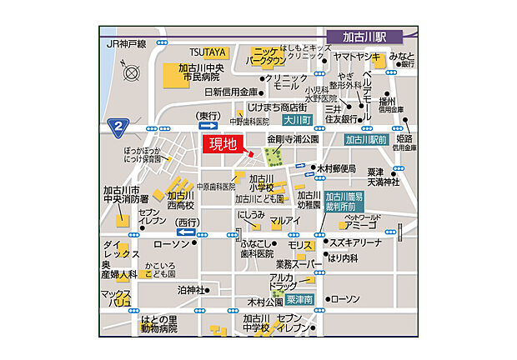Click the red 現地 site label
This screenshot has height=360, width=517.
coord(223,144)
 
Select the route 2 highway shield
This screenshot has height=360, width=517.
coord(118,126)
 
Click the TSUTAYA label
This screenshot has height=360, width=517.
coord(207,51)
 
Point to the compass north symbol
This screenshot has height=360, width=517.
coord(131,72)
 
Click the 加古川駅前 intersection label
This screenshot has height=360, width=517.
coord(366,140)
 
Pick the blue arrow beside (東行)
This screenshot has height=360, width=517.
coord(208,126)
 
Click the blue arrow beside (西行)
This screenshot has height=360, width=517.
coord(186,232)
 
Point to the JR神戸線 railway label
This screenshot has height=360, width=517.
coord(127,42)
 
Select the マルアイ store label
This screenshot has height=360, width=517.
coord(284,220)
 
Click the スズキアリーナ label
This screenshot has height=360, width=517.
coord(356,242)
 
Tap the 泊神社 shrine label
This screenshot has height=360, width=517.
coord(192,290)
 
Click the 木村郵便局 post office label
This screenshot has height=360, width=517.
coord(337,167)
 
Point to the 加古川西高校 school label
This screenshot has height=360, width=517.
coord(180,200)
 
